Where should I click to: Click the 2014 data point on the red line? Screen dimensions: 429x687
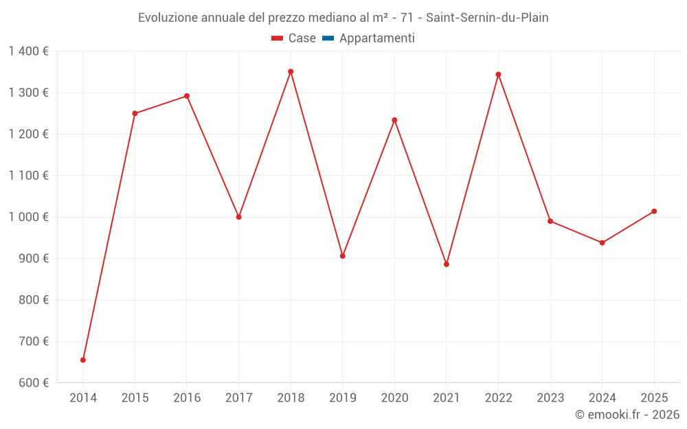[83, 360]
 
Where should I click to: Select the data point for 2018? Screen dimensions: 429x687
[291, 71]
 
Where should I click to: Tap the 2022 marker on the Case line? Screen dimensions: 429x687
[498, 74]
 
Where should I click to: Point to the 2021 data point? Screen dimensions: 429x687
[447, 264]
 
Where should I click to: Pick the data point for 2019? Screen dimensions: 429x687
[343, 256]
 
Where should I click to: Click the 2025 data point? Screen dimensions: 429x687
[654, 211]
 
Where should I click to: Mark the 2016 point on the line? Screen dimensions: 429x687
[187, 96]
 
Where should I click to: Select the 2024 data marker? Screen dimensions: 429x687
[602, 243]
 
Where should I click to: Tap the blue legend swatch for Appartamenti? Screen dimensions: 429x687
[328, 38]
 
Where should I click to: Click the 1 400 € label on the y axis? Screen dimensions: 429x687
[28, 51]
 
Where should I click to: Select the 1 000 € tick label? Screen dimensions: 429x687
[28, 217]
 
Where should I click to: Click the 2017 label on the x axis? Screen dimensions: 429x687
[238, 398]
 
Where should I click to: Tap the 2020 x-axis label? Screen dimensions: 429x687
[394, 398]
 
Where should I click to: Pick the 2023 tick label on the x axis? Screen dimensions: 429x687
[550, 398]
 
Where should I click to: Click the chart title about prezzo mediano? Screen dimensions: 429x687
[343, 18]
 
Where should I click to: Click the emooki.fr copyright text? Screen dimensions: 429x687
[627, 415]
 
